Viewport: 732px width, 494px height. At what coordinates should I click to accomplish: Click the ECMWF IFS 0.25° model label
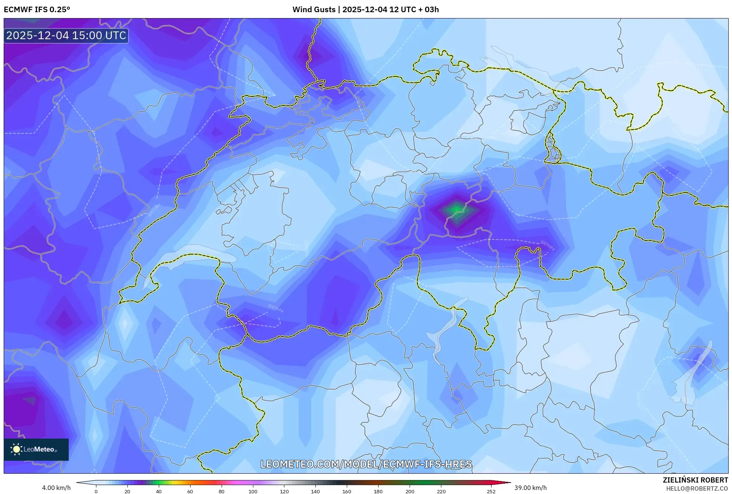(x=37, y=10)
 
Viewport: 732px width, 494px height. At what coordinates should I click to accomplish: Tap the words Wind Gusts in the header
(x=314, y=10)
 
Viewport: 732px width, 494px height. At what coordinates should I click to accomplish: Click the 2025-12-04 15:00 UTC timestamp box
(x=66, y=35)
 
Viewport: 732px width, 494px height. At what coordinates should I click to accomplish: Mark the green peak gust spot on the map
(x=457, y=210)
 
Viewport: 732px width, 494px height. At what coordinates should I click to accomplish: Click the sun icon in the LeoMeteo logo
(x=16, y=449)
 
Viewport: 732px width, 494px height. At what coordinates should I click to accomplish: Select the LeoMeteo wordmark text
(x=39, y=450)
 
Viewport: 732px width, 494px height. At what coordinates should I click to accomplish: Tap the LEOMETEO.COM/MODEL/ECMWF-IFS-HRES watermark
(x=366, y=464)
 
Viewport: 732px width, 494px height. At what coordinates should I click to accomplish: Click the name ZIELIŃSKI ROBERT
(x=695, y=480)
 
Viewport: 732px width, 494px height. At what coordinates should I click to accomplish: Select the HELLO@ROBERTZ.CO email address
(x=697, y=488)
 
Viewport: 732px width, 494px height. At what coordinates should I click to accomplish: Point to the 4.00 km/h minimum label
(x=56, y=488)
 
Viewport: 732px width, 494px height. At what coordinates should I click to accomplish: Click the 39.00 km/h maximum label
(x=530, y=488)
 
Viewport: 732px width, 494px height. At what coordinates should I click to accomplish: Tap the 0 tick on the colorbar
(x=96, y=491)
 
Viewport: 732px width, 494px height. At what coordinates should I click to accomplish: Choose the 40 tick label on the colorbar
(x=158, y=491)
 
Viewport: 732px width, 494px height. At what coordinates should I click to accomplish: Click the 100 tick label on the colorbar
(x=253, y=491)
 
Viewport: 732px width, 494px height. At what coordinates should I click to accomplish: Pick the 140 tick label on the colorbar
(x=315, y=491)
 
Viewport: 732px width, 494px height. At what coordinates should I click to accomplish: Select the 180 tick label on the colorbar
(x=378, y=491)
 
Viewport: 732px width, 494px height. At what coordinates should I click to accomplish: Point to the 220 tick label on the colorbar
(x=441, y=491)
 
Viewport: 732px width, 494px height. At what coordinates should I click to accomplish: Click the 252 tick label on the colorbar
(x=491, y=491)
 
